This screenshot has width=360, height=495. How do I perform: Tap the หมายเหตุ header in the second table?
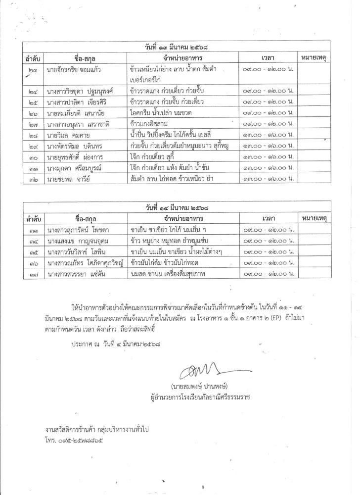[315, 218]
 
